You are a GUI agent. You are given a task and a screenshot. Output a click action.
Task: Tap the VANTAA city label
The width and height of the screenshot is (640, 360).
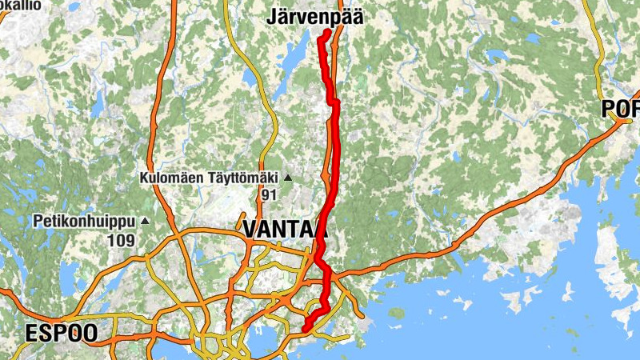pyautogui.click(x=284, y=229)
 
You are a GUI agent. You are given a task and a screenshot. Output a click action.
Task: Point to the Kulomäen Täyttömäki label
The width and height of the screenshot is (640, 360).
pyautogui.click(x=208, y=178)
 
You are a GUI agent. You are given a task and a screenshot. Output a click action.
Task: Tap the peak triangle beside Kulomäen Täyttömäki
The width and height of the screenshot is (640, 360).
pyautogui.click(x=288, y=178)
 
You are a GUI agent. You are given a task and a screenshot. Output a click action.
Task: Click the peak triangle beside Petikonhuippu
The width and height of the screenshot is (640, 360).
pyautogui.click(x=145, y=221)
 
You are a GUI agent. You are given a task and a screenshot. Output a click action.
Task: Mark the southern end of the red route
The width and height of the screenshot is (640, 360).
pyautogui.click(x=306, y=328)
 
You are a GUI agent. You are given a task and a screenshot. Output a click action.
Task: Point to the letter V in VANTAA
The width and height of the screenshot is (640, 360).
pyautogui.click(x=250, y=229)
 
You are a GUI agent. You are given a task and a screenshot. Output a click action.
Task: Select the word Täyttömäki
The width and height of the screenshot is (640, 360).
pyautogui.click(x=240, y=178)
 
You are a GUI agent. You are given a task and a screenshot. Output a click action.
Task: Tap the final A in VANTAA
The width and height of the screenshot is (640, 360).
pyautogui.click(x=319, y=229)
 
